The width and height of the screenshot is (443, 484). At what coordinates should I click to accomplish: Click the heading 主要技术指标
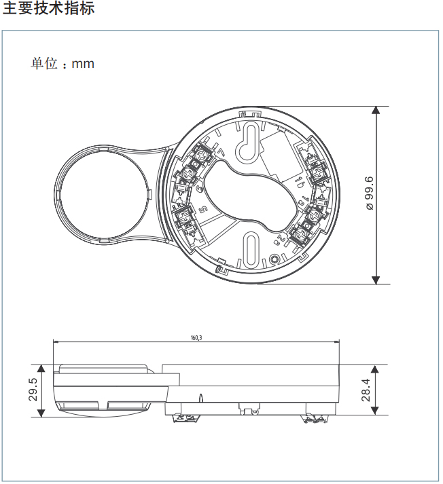(48, 10)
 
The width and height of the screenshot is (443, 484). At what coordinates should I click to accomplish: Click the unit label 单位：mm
(62, 64)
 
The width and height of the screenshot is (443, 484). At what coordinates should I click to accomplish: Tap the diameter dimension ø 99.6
(369, 193)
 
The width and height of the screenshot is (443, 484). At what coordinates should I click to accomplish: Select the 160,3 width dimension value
(196, 337)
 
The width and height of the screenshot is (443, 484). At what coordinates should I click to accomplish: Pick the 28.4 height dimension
(366, 390)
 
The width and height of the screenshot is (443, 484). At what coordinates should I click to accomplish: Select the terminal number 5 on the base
(202, 210)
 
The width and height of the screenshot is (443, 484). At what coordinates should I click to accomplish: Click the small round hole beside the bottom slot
(274, 259)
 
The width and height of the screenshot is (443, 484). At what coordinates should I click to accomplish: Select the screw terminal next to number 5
(184, 217)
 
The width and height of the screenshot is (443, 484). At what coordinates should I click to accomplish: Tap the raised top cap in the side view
(103, 369)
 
